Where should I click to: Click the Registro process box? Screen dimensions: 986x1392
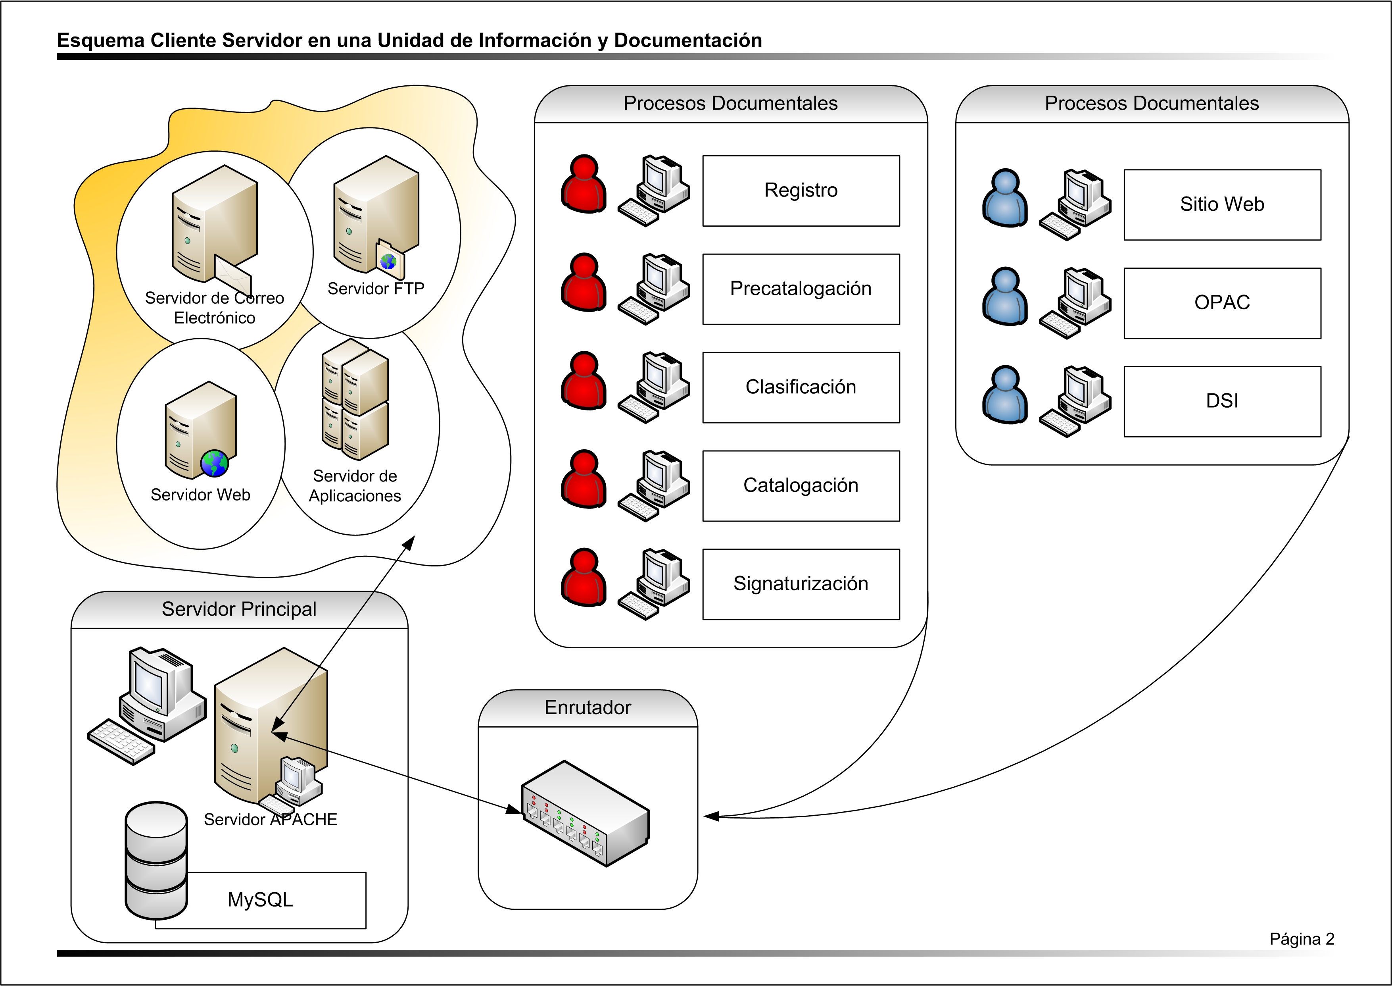pyautogui.click(x=801, y=191)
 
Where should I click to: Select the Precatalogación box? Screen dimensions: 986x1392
pyautogui.click(x=801, y=289)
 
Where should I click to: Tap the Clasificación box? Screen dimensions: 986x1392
pyautogui.click(x=801, y=387)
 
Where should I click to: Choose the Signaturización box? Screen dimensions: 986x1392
pyautogui.click(x=801, y=584)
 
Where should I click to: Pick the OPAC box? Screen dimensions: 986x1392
pyautogui.click(x=1221, y=303)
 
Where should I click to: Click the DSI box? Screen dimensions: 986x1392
pyautogui.click(x=1221, y=401)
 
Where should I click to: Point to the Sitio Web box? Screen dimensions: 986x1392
pyautogui.click(x=1221, y=204)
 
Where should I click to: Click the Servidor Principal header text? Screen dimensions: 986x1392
pyautogui.click(x=239, y=609)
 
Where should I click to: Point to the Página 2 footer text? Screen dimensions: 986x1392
pyautogui.click(x=1301, y=939)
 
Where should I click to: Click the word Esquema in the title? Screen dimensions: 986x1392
pyautogui.click(x=100, y=40)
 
